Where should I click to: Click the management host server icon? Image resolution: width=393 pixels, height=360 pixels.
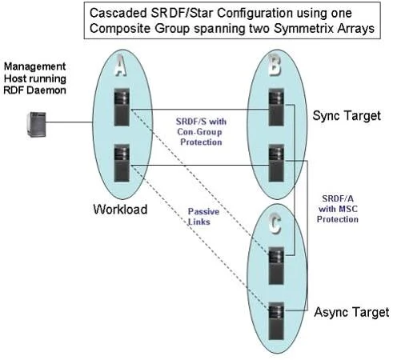tap(37, 125)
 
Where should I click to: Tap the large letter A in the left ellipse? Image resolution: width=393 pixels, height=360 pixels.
tap(120, 66)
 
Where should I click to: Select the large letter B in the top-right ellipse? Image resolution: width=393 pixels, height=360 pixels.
tap(275, 65)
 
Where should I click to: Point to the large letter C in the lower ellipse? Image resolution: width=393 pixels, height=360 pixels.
tap(275, 224)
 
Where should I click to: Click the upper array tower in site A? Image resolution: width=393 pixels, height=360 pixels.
tap(122, 107)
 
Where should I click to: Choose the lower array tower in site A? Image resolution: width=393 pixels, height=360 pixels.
tap(122, 163)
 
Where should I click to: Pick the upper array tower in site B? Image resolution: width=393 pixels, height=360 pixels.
tap(276, 107)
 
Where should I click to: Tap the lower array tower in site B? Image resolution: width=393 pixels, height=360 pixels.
tap(276, 163)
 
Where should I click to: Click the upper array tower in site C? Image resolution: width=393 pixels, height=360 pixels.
tap(276, 266)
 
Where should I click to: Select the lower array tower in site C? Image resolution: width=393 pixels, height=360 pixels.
tap(276, 321)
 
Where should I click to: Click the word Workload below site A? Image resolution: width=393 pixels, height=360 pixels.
tap(120, 209)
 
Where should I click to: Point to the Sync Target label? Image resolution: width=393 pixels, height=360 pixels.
tap(347, 116)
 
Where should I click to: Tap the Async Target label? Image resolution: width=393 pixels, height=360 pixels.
tap(351, 312)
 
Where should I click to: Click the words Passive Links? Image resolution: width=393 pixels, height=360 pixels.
tap(203, 217)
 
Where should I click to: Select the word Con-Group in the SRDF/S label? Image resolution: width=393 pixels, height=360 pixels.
tap(199, 132)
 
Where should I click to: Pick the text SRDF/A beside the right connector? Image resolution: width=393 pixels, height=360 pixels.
tap(338, 198)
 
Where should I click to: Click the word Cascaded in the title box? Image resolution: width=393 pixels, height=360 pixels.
tap(118, 13)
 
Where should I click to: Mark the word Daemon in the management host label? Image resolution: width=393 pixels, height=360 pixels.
tap(46, 90)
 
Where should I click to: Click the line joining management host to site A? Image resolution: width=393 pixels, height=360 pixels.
tap(70, 122)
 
